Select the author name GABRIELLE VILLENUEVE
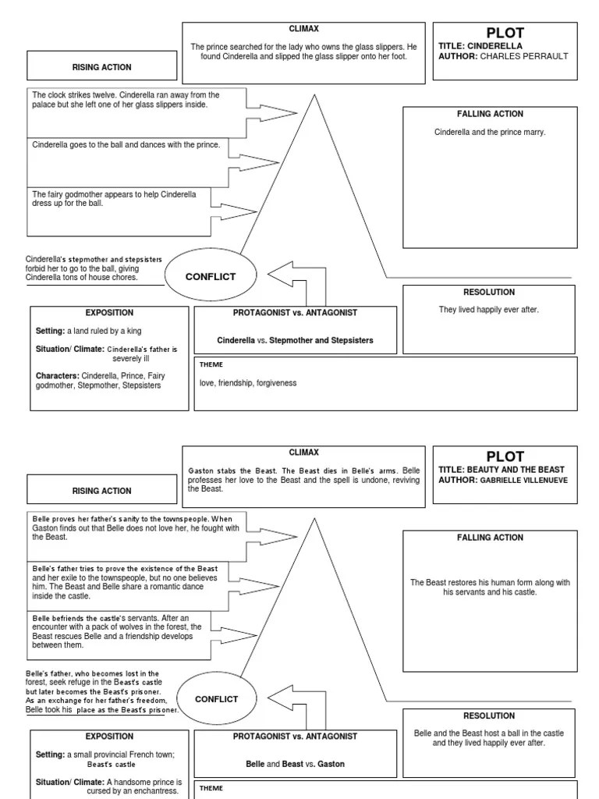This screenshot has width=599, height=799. point(524,480)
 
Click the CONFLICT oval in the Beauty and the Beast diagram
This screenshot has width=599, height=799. point(216,699)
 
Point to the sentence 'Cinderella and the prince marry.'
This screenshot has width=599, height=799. point(489,132)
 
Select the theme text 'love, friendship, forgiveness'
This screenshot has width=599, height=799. point(248,383)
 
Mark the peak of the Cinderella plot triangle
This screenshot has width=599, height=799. point(314,95)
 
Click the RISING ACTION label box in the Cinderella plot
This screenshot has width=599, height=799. point(101,68)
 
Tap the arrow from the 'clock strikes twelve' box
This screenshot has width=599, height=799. point(270,113)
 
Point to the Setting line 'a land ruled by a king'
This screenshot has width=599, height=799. point(88,332)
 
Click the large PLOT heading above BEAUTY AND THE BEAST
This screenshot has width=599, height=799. point(505,456)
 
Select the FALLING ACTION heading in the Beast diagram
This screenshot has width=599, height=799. point(489,538)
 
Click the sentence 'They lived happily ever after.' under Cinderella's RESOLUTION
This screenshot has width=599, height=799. point(489,310)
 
